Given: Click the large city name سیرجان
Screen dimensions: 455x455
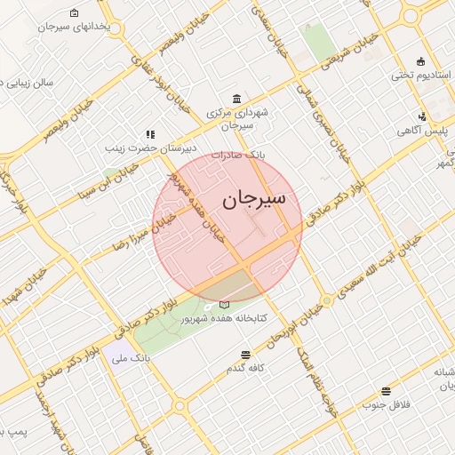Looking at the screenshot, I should (x=254, y=199).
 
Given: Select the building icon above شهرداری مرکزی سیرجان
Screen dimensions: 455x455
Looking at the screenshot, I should (x=235, y=99).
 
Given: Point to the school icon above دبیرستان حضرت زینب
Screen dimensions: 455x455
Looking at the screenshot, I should (x=150, y=134).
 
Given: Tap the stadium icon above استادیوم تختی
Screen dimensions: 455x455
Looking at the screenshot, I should (x=420, y=62).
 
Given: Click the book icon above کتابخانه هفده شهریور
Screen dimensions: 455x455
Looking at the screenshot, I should (x=223, y=305).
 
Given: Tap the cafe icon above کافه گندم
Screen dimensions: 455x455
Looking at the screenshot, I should (x=245, y=354).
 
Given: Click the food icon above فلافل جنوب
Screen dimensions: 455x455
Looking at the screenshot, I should (x=386, y=391).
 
